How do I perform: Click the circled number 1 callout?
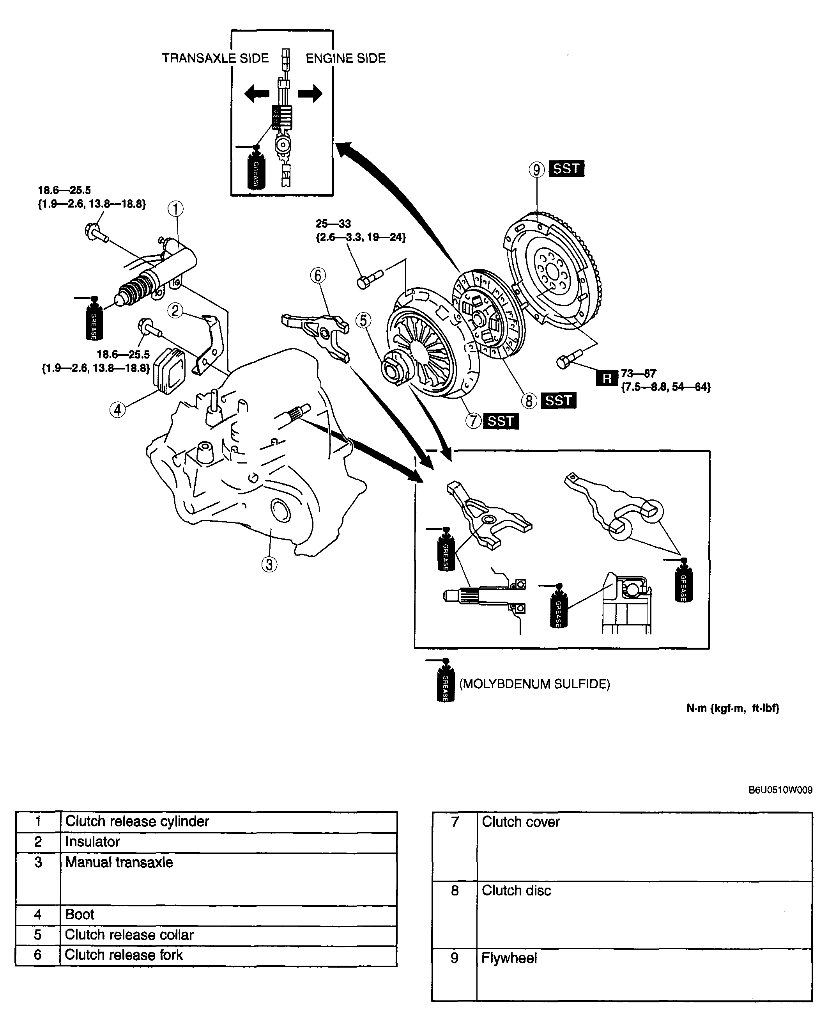pyautogui.click(x=175, y=209)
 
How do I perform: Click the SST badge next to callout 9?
pyautogui.click(x=566, y=169)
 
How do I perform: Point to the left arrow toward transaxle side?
pyautogui.click(x=257, y=93)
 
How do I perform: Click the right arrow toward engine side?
pyautogui.click(x=310, y=93)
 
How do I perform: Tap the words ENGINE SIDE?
pyautogui.click(x=345, y=59)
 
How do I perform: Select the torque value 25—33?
pyautogui.click(x=333, y=224)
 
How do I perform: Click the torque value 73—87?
pyautogui.click(x=638, y=373)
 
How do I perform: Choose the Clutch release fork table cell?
pyautogui.click(x=124, y=955)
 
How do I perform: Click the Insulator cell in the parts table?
pyautogui.click(x=92, y=842)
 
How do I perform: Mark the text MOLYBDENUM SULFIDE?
pyautogui.click(x=534, y=684)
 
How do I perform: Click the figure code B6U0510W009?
pyautogui.click(x=780, y=790)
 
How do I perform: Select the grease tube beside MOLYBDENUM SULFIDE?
pyautogui.click(x=445, y=681)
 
